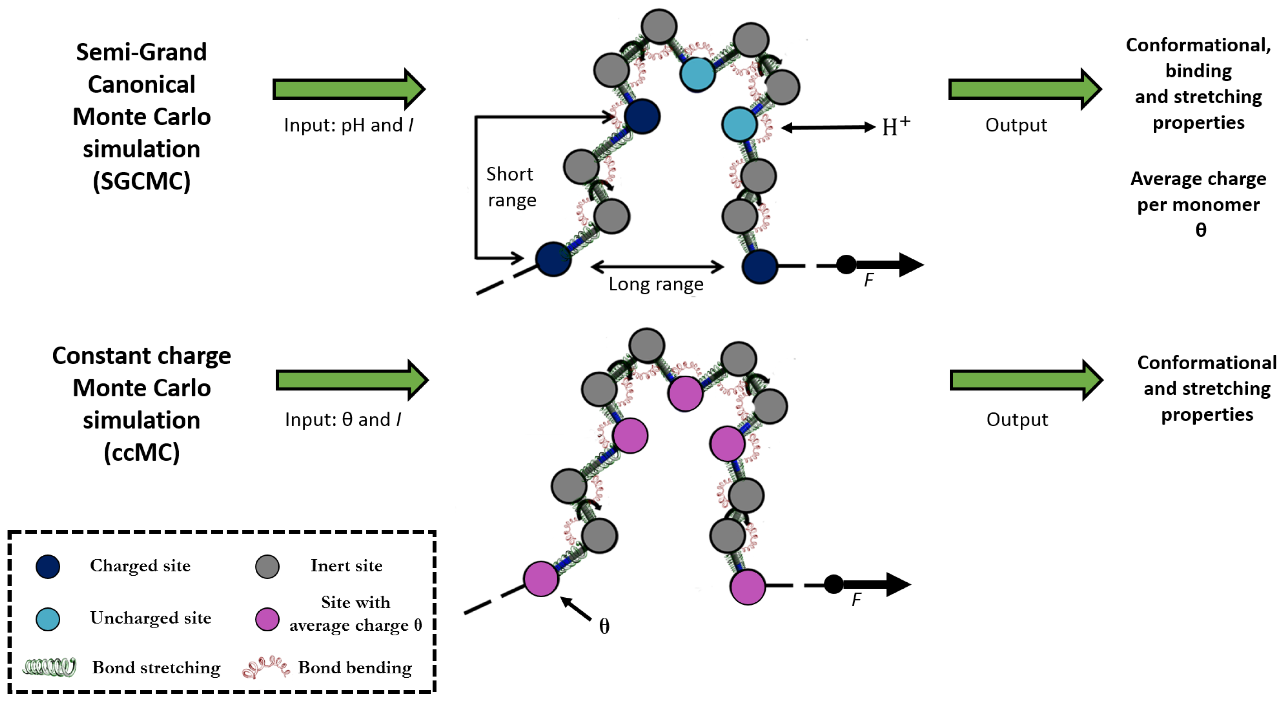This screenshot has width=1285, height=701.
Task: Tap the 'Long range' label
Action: coord(656,284)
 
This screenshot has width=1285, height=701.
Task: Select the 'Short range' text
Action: coord(511,187)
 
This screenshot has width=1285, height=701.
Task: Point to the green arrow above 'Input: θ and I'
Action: coord(352,380)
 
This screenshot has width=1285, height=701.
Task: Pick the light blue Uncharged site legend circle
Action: coord(48,619)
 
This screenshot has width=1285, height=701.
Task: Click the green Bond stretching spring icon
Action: coord(50,667)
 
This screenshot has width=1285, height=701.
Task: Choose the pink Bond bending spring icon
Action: coord(265,667)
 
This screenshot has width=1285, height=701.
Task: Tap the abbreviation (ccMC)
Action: coord(142,452)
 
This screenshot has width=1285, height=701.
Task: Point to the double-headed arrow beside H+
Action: coord(828,128)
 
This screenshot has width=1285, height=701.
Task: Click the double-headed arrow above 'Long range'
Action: coord(657,267)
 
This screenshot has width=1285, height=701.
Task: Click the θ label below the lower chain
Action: coord(604,626)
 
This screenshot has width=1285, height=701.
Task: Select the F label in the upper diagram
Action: coord(869,281)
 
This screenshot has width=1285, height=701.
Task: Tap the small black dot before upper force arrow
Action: coord(846,264)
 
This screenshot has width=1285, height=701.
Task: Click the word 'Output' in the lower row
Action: coord(1017,420)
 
